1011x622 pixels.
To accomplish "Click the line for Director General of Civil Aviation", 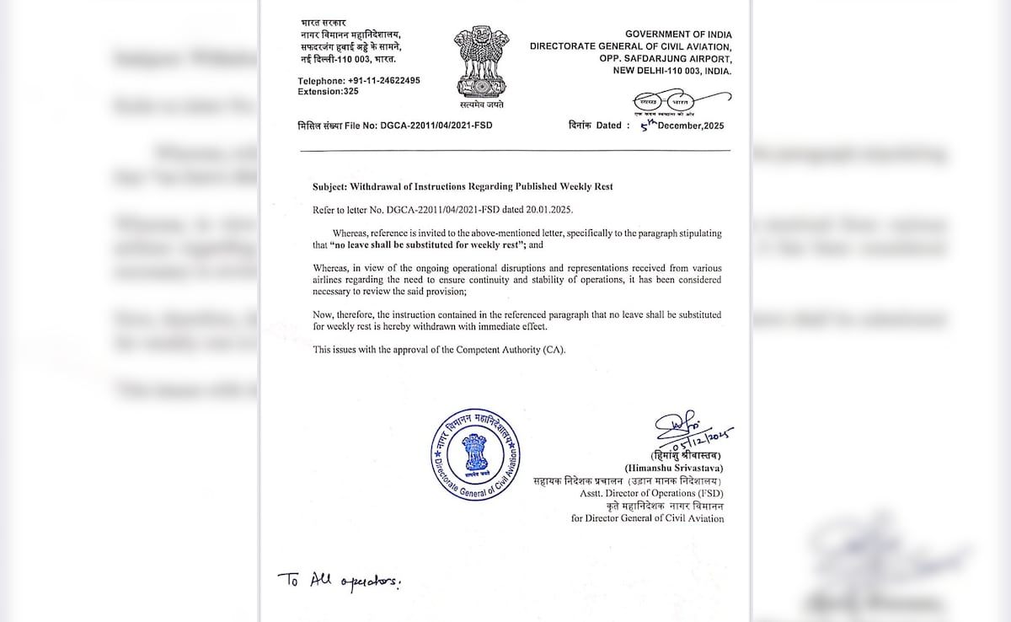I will tap(647, 518).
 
